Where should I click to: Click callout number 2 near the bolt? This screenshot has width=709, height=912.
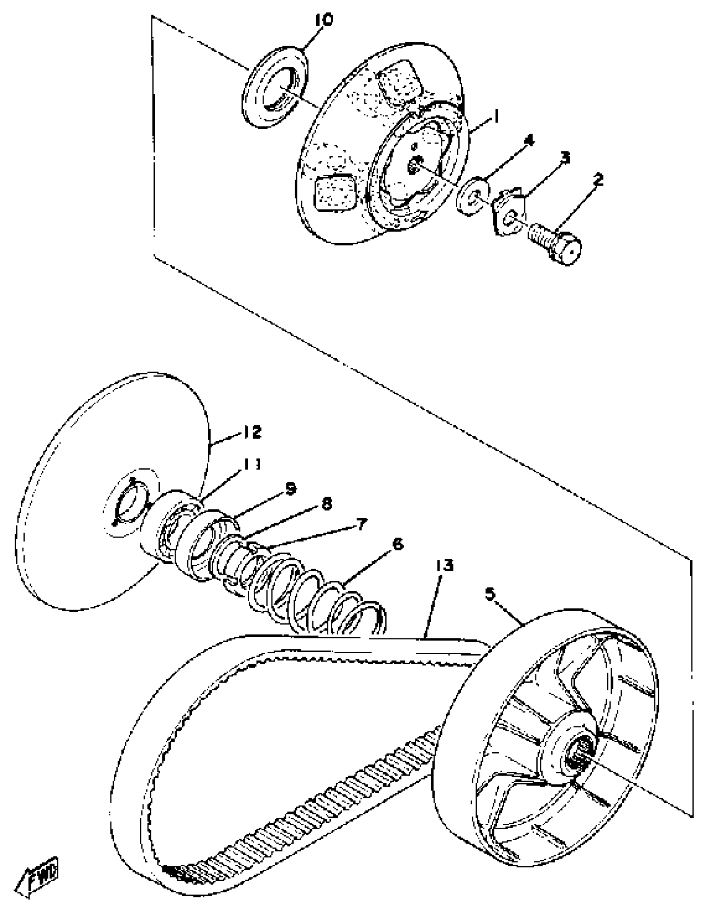point(598,180)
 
